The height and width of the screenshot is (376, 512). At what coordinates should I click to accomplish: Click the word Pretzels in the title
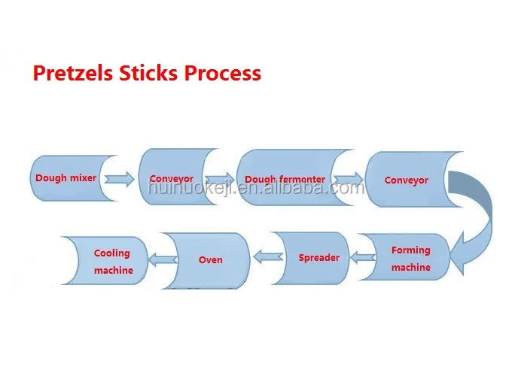pos(72,73)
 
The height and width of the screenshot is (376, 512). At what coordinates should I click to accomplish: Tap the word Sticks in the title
pos(148,72)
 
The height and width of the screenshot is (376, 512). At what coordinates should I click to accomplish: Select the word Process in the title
pos(223,73)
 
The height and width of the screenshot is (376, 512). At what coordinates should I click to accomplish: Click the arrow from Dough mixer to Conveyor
pos(119,180)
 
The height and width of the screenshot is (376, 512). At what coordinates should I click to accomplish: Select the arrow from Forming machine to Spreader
pos(363,257)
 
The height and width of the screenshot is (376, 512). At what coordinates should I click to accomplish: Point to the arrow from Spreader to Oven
pos(268,257)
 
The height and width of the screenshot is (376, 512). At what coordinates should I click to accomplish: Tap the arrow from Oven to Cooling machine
pos(163,260)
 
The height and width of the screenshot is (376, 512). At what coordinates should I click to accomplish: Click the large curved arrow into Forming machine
pos(486,209)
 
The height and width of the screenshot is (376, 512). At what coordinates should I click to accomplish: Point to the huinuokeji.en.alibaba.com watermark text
pos(256,188)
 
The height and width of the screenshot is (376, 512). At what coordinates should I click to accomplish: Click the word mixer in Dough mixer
pos(84,178)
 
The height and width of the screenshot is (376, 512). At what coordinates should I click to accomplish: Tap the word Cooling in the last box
pos(112,253)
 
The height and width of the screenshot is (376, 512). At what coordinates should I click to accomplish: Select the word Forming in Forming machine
pos(411,250)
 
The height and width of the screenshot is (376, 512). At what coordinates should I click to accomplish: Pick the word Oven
pos(211,260)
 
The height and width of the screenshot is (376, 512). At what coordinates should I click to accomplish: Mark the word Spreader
pos(319,258)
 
